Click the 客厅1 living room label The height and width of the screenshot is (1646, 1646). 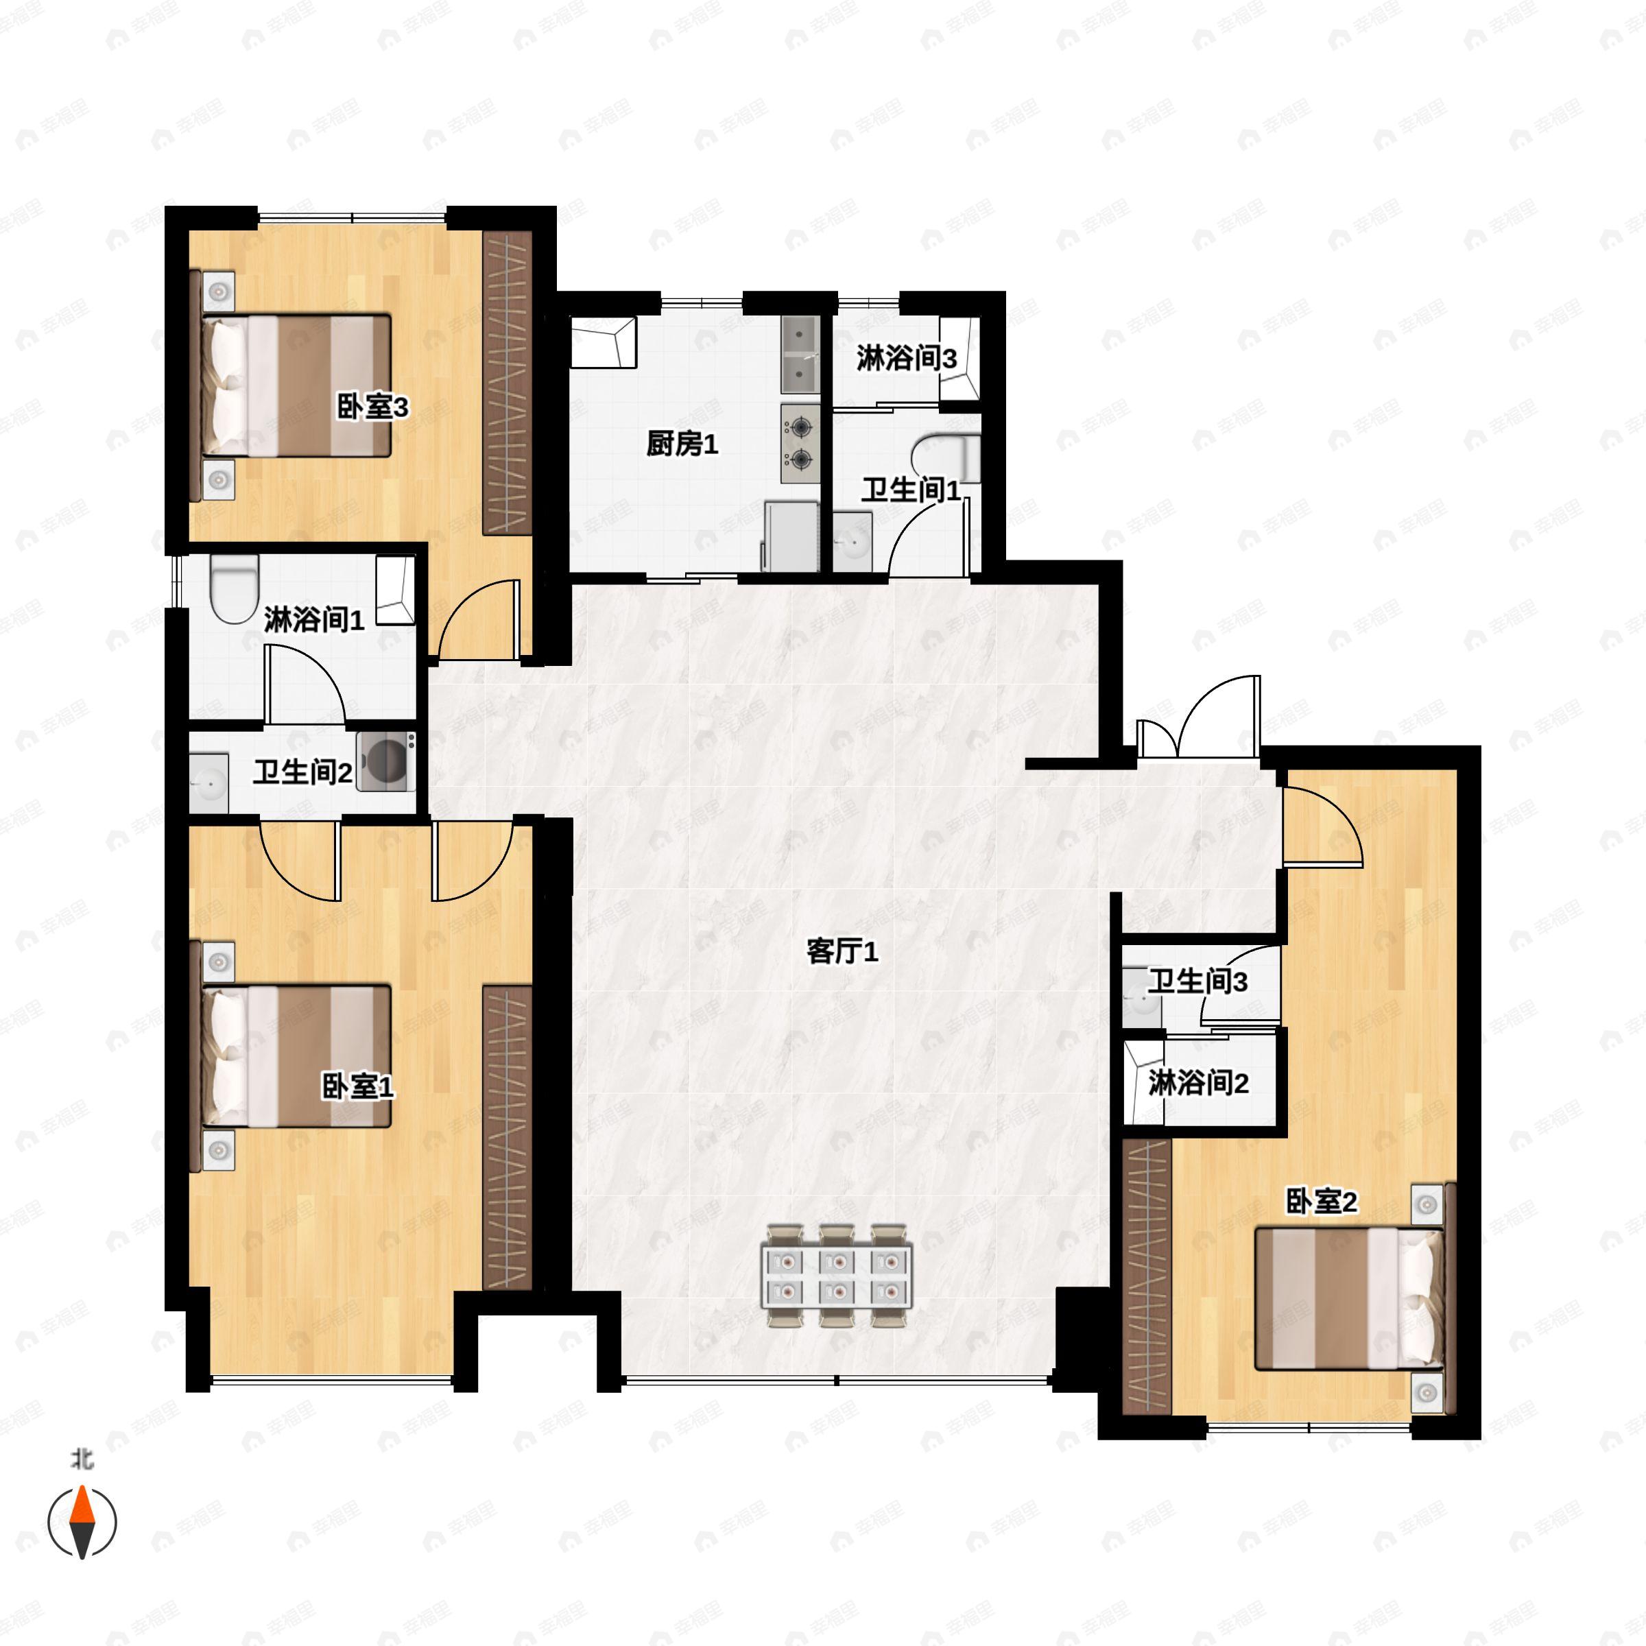click(842, 952)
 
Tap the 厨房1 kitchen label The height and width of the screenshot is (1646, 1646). click(682, 443)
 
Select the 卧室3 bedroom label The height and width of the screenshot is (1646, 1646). click(372, 407)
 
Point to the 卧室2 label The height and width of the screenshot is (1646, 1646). click(1320, 1202)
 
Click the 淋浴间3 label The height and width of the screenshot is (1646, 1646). click(907, 359)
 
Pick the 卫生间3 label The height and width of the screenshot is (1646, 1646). click(1197, 981)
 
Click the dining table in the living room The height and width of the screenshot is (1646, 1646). click(837, 1276)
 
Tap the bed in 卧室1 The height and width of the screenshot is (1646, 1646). click(296, 1055)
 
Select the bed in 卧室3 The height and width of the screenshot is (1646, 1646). click(296, 386)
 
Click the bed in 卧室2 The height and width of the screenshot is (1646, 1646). click(1350, 1298)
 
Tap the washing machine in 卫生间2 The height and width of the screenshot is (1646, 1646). click(387, 761)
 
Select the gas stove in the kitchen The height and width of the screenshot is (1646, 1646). click(800, 444)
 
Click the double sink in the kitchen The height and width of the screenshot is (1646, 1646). click(800, 355)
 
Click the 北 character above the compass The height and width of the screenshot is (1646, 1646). click(82, 1460)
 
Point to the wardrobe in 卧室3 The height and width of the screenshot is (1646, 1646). click(508, 383)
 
